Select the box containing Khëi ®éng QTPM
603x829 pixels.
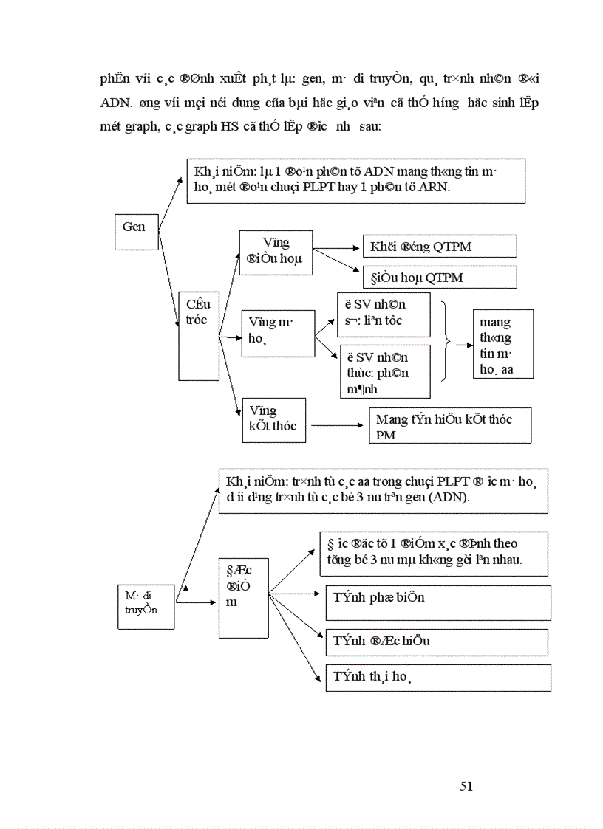(x=439, y=247)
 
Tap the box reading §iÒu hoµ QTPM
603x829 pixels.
(x=439, y=278)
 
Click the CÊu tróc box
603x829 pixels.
(x=198, y=335)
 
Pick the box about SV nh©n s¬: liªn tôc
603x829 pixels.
(x=383, y=314)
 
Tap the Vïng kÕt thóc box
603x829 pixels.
(x=273, y=422)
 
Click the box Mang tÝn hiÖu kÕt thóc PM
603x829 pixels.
(x=449, y=426)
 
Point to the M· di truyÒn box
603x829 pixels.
(x=146, y=605)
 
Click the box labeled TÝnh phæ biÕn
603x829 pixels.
(x=437, y=602)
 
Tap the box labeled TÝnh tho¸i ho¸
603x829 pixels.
(x=437, y=678)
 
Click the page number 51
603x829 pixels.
(x=466, y=786)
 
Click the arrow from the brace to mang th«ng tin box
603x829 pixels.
(x=464, y=344)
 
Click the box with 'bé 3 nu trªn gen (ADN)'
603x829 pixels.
(x=383, y=490)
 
